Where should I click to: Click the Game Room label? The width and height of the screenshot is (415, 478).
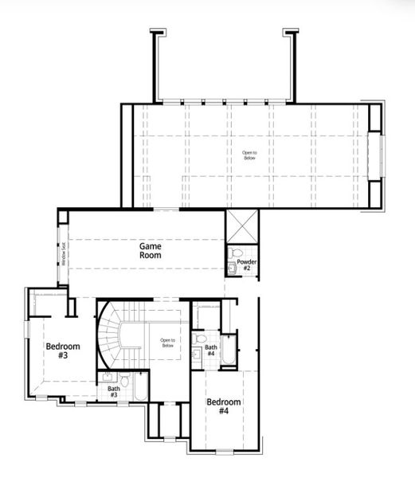151,252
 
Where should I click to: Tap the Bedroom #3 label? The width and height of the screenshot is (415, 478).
61,351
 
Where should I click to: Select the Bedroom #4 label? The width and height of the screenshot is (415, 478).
223,407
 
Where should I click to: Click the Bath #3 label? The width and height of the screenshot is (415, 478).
114,392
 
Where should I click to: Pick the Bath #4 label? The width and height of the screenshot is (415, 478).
211,351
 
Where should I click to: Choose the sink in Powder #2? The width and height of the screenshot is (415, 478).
233,268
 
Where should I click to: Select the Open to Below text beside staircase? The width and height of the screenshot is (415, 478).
166,343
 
